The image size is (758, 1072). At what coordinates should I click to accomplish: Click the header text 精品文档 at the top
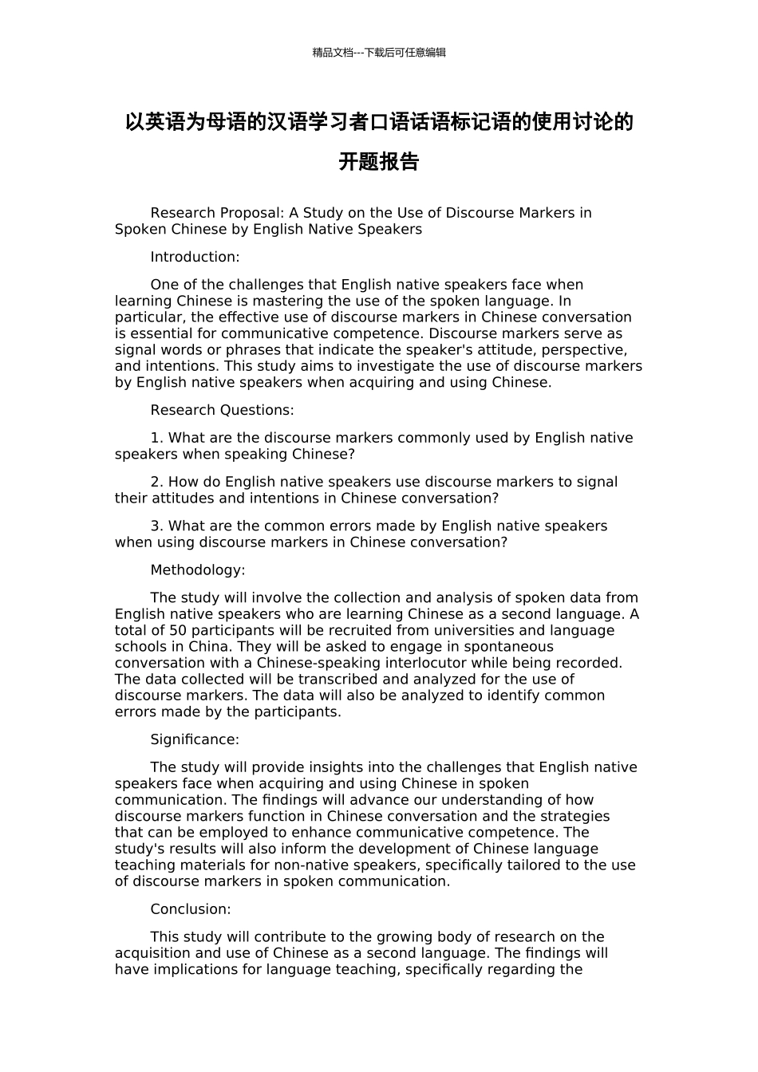(332, 53)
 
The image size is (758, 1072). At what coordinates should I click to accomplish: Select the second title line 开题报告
(379, 162)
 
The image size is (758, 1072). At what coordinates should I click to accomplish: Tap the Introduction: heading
(195, 257)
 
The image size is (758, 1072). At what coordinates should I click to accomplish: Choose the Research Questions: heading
(222, 410)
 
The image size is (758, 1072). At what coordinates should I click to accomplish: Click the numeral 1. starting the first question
(157, 438)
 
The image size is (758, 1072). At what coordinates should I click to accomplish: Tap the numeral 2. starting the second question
(157, 482)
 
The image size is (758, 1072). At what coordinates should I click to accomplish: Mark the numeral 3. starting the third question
(157, 526)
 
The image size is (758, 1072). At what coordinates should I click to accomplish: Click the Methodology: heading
(198, 569)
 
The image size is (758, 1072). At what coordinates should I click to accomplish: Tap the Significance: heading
(195, 739)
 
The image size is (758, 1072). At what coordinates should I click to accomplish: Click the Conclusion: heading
(191, 909)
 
